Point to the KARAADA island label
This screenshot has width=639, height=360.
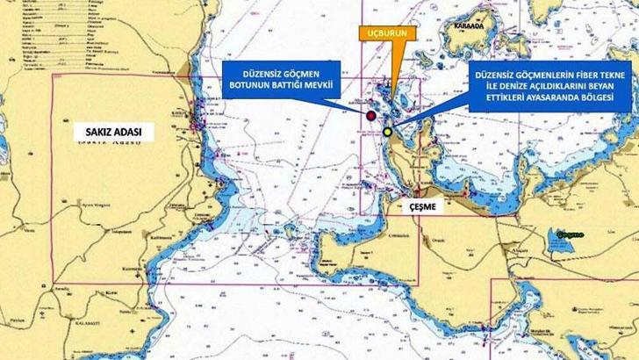487,27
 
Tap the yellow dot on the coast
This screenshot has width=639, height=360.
388,132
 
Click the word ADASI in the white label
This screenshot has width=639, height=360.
133,133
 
